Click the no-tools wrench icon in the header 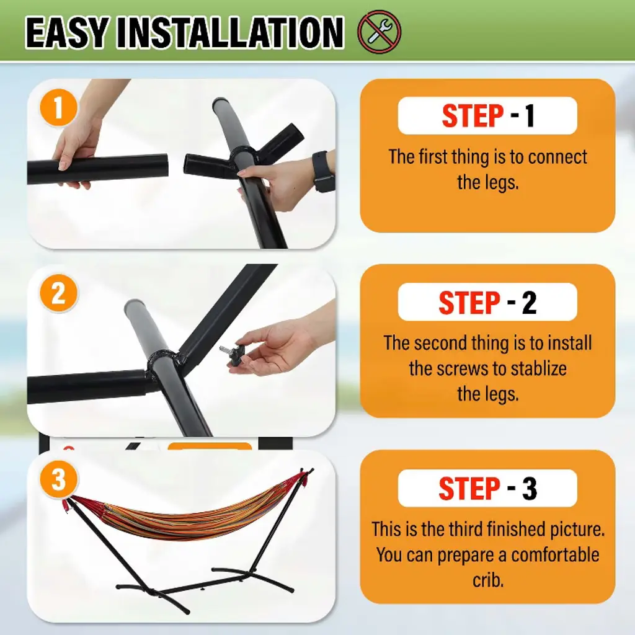click(379, 32)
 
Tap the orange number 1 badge click(58, 108)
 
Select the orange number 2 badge click(58, 293)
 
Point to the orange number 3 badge click(58, 479)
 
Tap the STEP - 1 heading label click(487, 116)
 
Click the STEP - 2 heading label click(487, 302)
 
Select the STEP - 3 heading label click(487, 488)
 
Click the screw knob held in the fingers click(232, 352)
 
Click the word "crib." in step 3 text click(488, 580)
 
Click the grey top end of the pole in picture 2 click(134, 304)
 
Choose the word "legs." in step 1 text click(499, 183)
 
